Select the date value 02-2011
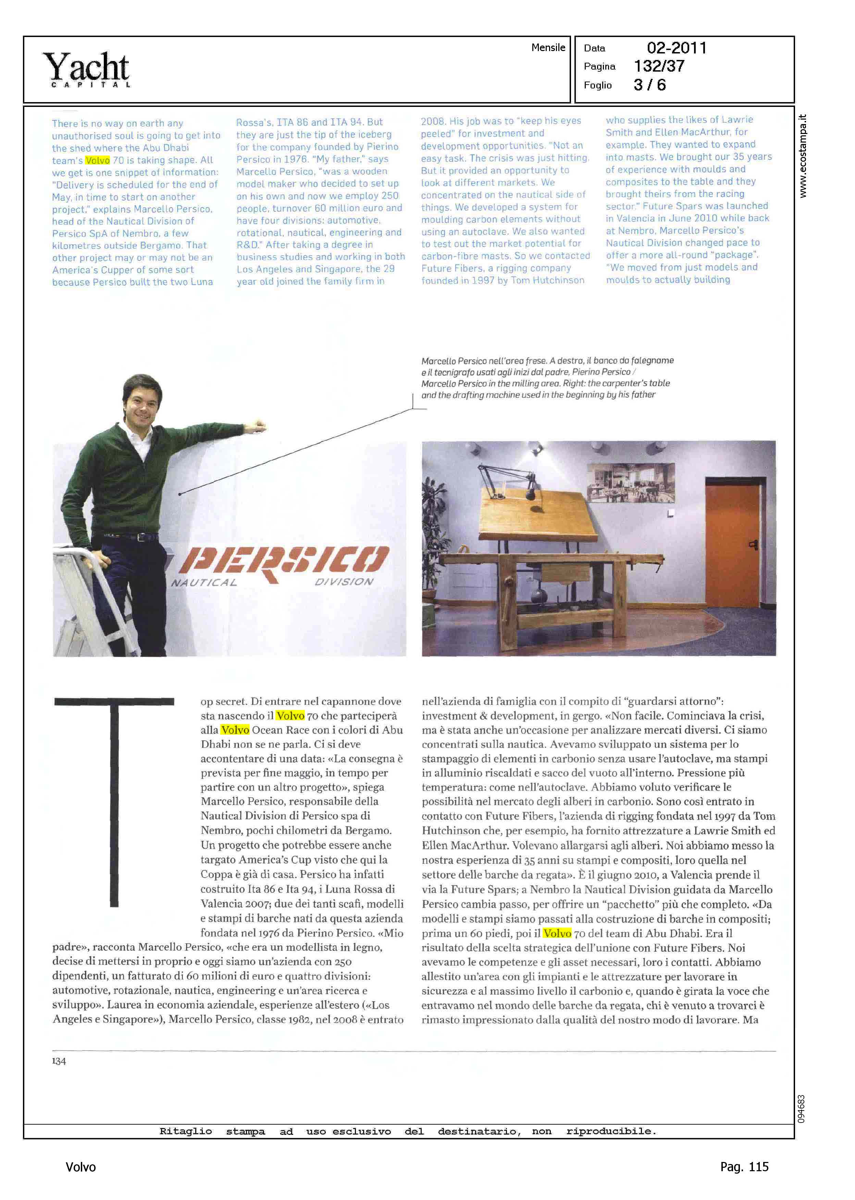coord(677,48)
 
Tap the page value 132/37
coord(659,66)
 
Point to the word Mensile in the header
coord(548,47)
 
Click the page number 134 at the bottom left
coord(59,1061)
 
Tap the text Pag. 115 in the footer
coord(744,1167)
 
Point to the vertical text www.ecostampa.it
coord(802,156)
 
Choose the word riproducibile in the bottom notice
coord(611,1131)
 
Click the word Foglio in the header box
coord(597,85)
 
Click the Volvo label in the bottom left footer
coord(80,1167)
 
